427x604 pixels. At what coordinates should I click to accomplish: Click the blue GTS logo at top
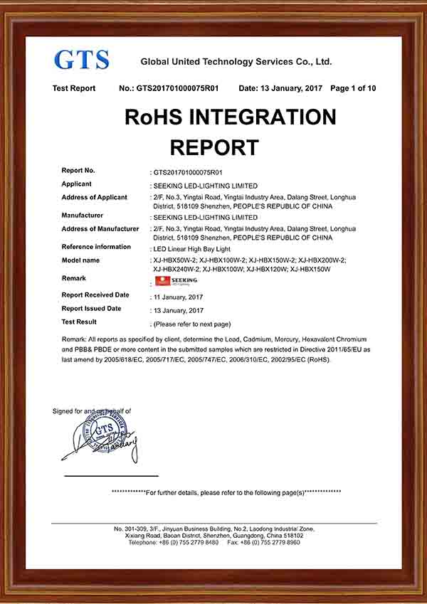click(x=82, y=59)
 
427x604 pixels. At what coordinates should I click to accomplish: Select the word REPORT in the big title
click(x=214, y=147)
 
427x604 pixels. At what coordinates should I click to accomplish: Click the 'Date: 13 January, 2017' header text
click(x=280, y=88)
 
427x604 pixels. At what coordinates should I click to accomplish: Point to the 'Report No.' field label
click(x=78, y=171)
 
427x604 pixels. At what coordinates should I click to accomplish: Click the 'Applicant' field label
click(x=77, y=184)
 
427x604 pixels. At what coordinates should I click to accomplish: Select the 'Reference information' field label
click(x=96, y=247)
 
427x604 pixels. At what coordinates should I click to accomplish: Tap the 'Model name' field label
click(x=81, y=260)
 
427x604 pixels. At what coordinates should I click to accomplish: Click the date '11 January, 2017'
click(x=178, y=296)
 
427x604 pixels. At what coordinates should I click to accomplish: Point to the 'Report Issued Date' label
click(x=92, y=309)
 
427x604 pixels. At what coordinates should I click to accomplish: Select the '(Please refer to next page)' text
click(x=192, y=324)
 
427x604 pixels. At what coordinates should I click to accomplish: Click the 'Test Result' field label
click(x=78, y=322)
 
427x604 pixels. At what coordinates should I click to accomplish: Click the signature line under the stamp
click(x=111, y=475)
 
